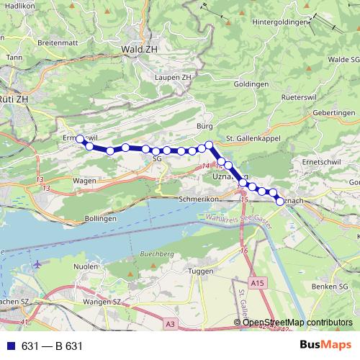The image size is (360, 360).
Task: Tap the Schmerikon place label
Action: [x=199, y=197]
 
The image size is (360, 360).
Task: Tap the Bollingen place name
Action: [x=100, y=217]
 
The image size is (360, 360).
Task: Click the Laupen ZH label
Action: [x=174, y=76]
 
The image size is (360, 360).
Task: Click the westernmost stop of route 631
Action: [x=81, y=139]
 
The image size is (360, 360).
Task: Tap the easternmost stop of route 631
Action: [x=280, y=202]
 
